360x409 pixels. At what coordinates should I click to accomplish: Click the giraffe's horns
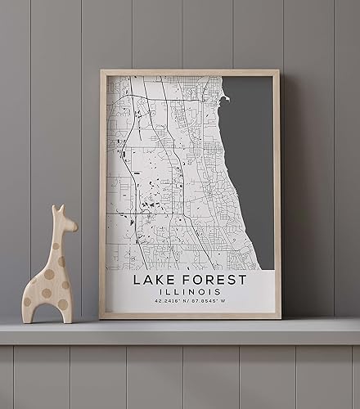coord(56,209)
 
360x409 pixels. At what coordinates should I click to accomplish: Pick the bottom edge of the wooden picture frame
coord(190,316)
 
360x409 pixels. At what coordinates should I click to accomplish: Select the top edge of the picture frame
coord(190,73)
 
